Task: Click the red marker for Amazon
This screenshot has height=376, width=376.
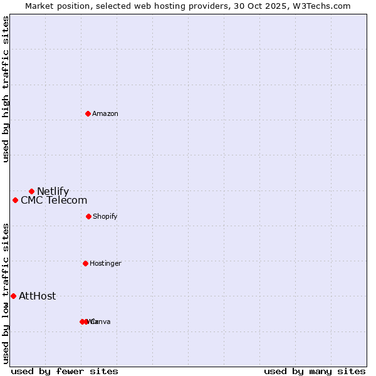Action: pos(88,113)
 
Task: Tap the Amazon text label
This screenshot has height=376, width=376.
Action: pos(105,113)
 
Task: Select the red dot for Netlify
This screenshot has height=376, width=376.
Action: pos(31,191)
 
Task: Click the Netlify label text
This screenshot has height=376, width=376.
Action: pos(53,192)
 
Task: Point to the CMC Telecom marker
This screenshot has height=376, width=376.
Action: pos(15,200)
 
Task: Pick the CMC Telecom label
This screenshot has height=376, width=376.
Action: pos(54,201)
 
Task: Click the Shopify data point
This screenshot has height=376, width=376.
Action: pos(88,216)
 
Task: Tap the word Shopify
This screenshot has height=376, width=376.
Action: pos(105,217)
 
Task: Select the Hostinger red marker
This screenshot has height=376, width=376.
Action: pos(85,263)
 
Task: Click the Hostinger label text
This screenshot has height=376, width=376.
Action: pos(105,264)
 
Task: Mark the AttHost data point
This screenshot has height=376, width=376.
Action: pos(13,296)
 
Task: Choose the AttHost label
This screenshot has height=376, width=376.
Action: pos(38,296)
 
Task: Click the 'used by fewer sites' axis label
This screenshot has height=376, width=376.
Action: pos(65,371)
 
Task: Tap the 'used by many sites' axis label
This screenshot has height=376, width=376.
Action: pos(315,371)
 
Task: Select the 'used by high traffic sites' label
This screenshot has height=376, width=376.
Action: pos(6,89)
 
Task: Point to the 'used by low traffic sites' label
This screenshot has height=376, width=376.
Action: pos(6,293)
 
